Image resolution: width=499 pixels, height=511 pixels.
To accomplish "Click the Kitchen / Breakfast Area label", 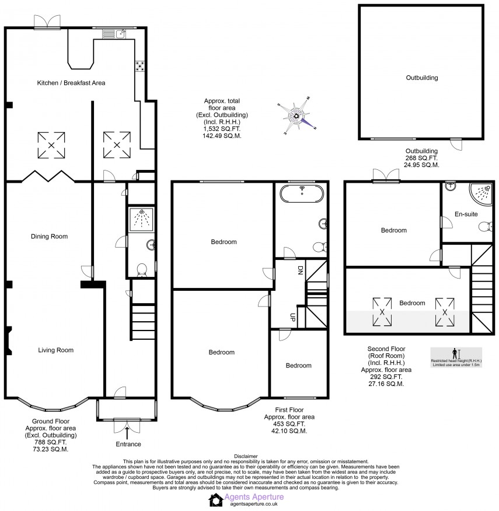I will coord(71,83).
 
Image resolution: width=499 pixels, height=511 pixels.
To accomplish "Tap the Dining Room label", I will coord(49,237).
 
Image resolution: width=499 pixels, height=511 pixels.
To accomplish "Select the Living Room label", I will coord(55,350).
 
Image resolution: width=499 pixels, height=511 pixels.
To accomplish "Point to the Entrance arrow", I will coord(127,433).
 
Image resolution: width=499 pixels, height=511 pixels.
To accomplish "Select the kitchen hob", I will coord(141,66).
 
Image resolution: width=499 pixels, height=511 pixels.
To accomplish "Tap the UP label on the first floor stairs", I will coord(292,317).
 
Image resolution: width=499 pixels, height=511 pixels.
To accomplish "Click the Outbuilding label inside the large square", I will coord(421,77).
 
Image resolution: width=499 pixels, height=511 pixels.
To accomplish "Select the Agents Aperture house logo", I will coord(216,499).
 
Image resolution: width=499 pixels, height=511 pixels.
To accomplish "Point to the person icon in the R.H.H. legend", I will coord(455,353).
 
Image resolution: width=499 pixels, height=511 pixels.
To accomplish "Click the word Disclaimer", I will coord(245,456).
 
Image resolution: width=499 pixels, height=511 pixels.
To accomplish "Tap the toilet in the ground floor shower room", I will coord(141,270).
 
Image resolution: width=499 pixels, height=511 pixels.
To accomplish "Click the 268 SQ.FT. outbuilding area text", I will coord(421,158).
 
